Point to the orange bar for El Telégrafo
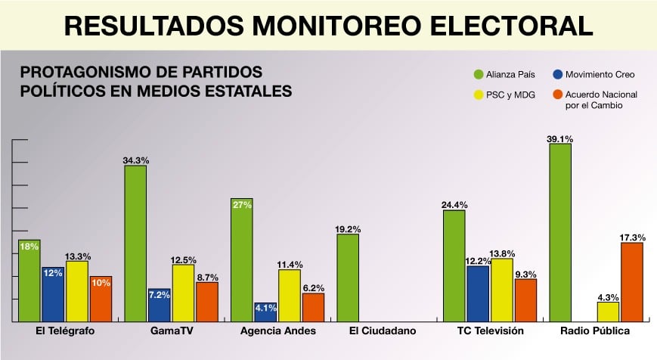(101, 299)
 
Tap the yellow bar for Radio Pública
(608, 312)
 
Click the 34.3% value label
(135, 160)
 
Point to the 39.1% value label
(560, 139)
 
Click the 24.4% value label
(454, 205)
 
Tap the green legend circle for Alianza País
(479, 75)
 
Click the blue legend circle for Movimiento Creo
(558, 75)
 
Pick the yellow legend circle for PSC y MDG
(479, 96)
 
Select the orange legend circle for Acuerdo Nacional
(558, 96)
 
